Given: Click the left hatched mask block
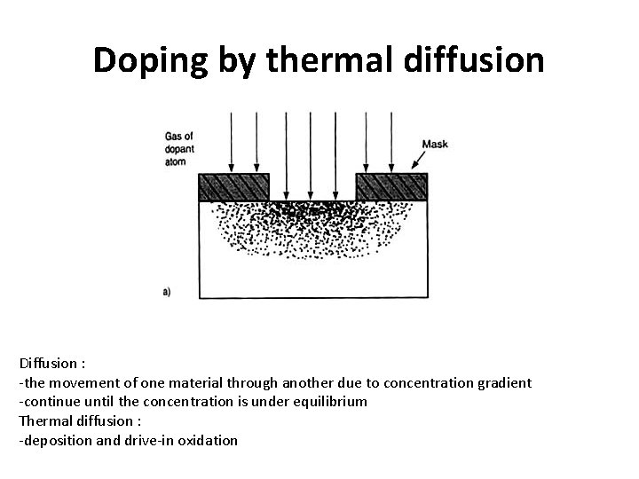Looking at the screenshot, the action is click(x=233, y=187).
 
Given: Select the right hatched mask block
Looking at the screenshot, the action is click(x=391, y=187).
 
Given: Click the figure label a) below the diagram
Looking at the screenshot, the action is click(x=168, y=291).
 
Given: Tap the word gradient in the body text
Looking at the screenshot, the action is click(x=500, y=382).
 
